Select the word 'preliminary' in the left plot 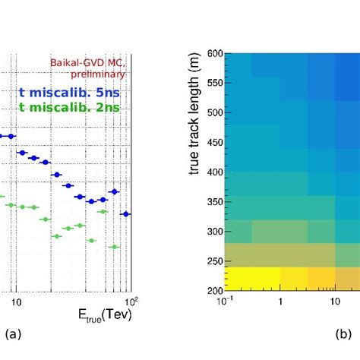coord(102,74)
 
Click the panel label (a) coord(12,334)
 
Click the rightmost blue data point coord(127,214)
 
